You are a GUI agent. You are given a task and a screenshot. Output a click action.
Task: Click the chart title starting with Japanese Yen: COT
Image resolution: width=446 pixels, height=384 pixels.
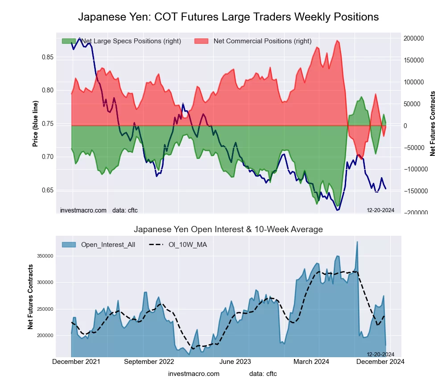[x=228, y=17]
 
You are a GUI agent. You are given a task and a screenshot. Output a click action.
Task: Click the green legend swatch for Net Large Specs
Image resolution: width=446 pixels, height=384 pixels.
[x=69, y=41]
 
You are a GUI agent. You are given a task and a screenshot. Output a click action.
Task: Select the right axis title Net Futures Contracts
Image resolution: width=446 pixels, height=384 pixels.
[x=433, y=123]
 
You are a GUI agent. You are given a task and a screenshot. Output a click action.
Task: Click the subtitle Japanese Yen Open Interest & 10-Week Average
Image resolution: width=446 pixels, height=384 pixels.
[x=228, y=230]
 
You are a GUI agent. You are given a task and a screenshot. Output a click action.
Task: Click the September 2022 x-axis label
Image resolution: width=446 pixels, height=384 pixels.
[x=149, y=362]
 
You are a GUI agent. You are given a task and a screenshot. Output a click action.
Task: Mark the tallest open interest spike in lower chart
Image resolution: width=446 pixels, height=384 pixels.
[x=357, y=242]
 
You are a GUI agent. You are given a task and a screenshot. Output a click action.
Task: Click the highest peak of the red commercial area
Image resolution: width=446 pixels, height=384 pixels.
[x=338, y=41]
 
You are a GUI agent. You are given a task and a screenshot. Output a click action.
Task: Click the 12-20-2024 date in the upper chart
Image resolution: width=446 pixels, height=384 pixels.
[x=380, y=210]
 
